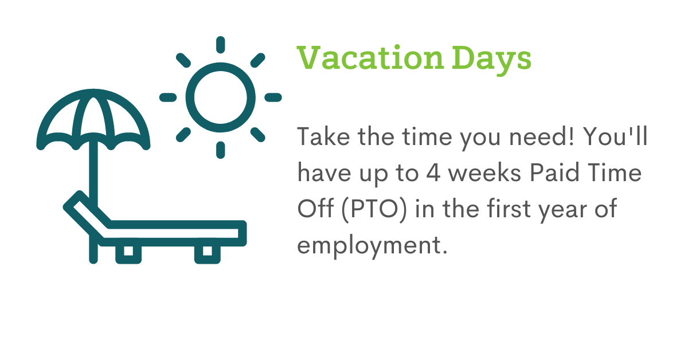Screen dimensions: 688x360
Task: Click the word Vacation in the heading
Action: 370,58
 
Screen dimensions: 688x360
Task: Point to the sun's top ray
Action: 221,45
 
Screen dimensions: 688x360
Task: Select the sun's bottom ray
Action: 221,150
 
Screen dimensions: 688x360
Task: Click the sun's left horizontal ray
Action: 168,97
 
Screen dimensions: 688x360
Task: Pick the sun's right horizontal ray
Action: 273,97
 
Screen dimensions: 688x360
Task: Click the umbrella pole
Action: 93,172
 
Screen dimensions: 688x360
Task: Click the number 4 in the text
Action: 433,173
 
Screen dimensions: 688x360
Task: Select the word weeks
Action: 484,173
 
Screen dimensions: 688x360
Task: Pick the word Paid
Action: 554,173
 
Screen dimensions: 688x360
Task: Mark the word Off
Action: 315,208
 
